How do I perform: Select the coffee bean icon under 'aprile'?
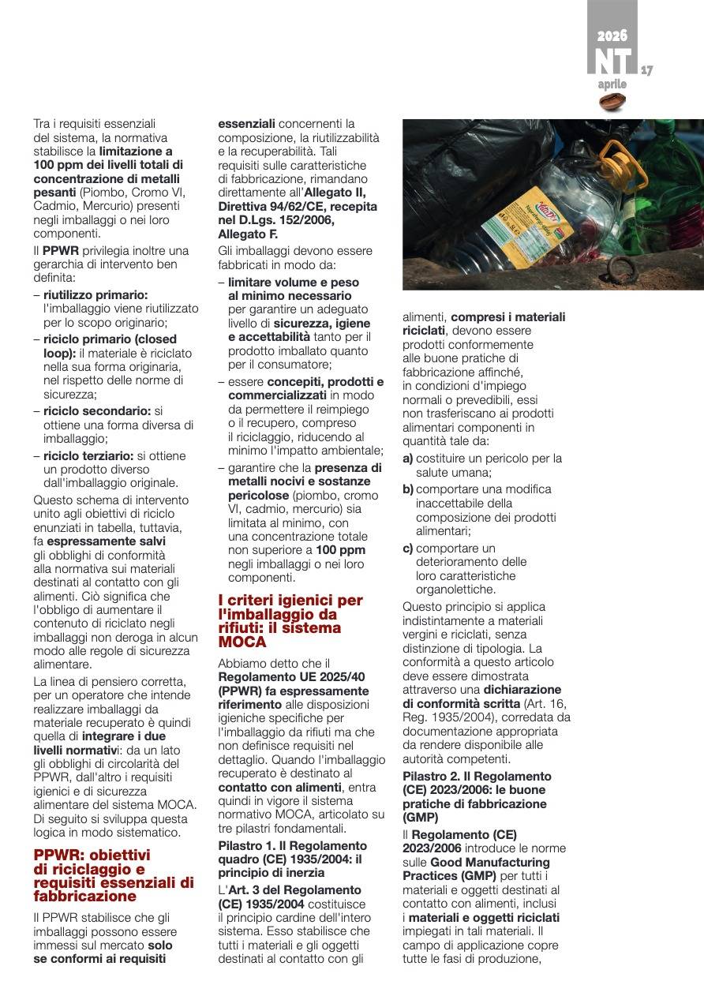(612, 102)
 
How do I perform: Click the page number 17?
(646, 70)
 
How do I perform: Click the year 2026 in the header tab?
(612, 36)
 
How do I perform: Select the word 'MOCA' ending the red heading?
(242, 642)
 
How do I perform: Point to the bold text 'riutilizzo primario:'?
(95, 294)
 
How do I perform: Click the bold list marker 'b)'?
(408, 489)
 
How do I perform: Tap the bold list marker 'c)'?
(408, 548)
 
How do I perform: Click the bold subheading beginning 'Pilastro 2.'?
(477, 796)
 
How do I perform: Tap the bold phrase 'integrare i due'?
(137, 736)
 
